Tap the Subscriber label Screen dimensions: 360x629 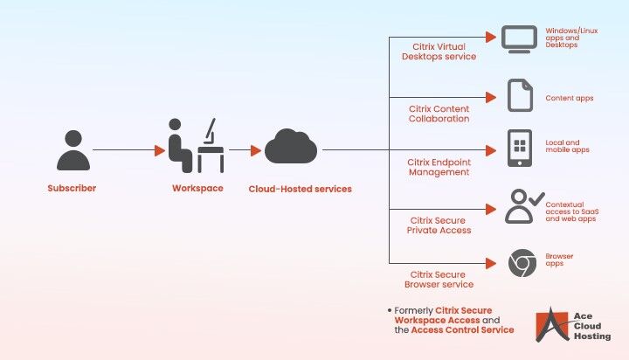[72, 188]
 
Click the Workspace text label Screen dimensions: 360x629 [197, 188]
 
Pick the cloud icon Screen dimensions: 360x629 [291, 147]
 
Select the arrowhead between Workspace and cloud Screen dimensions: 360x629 [255, 150]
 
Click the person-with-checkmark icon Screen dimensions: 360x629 [522, 208]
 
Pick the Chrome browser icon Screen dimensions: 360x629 [522, 262]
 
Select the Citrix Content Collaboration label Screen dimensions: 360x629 [439, 114]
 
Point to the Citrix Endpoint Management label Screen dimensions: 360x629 [439, 167]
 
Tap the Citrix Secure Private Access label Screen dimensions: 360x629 [439, 225]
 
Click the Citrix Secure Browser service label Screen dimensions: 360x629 [439, 279]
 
